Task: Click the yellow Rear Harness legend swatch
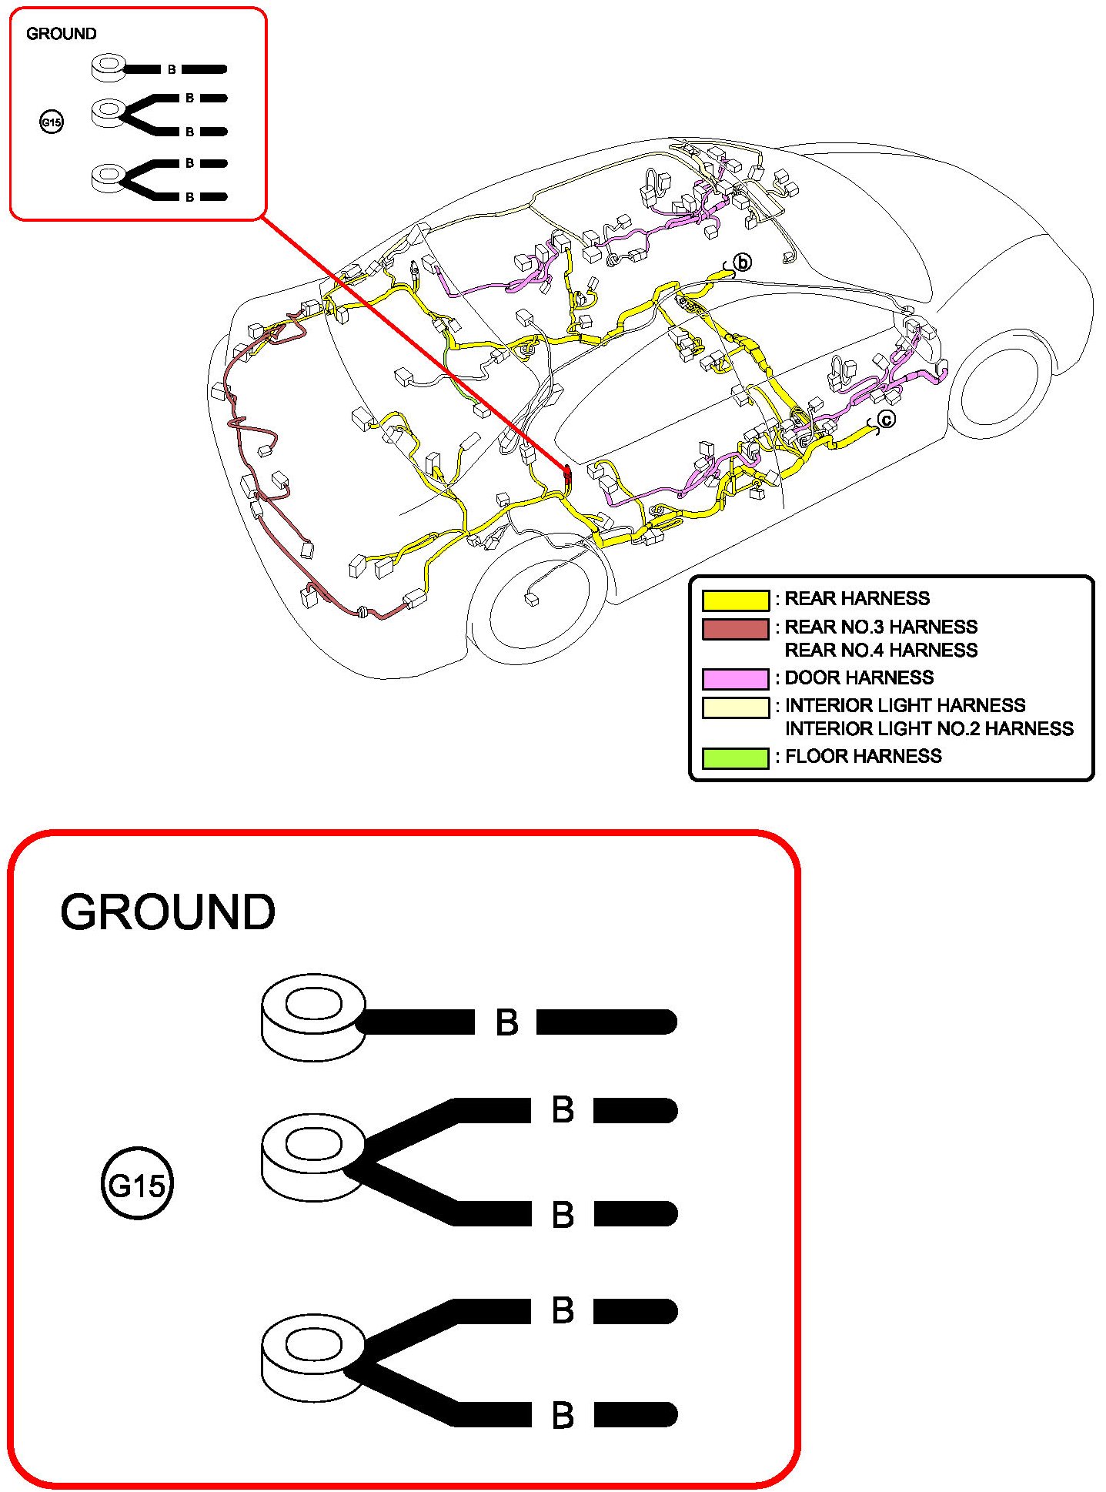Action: tap(735, 600)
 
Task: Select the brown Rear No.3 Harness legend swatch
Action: tap(735, 629)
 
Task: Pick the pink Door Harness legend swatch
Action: tap(735, 678)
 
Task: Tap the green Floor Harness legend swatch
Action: tap(735, 758)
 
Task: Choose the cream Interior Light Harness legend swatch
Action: tap(735, 707)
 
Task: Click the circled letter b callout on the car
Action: tap(742, 263)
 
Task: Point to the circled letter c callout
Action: tap(887, 420)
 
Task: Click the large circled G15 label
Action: tap(137, 1183)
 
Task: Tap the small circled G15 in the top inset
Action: tap(52, 122)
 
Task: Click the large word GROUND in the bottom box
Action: tap(168, 912)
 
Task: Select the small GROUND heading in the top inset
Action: tap(62, 34)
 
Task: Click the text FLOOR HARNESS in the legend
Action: tap(863, 756)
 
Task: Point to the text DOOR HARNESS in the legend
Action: tap(859, 677)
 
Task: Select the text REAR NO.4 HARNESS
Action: tap(880, 651)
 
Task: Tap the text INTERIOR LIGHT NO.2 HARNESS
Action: tap(929, 728)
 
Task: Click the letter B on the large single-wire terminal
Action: tap(506, 1022)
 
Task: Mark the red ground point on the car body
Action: tap(568, 475)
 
